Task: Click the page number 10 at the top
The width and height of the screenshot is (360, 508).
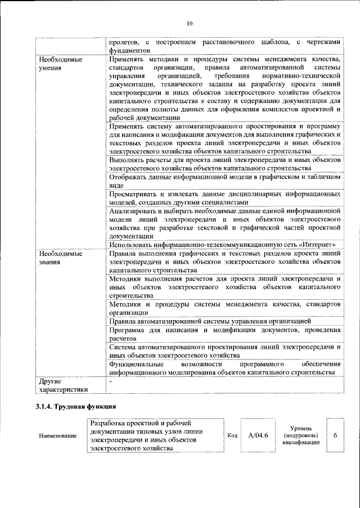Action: coord(188,23)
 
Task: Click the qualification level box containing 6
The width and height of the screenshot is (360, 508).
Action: coord(335,435)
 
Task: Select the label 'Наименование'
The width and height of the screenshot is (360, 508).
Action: coord(58,436)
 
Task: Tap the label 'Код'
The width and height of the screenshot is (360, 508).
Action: coord(232,435)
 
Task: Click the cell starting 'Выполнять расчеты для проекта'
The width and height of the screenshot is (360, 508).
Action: coord(225,164)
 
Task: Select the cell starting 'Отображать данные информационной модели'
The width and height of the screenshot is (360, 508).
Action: coord(225,181)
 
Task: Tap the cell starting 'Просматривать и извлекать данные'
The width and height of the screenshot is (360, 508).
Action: coord(225,197)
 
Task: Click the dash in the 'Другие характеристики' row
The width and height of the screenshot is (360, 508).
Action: coord(111,381)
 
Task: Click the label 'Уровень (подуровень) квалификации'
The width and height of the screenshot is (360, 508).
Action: coord(301,435)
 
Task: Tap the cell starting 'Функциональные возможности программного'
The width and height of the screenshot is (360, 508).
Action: coord(225,368)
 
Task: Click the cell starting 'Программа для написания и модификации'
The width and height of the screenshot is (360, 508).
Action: coord(225,334)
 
